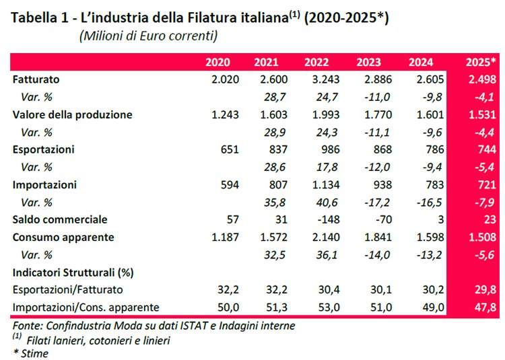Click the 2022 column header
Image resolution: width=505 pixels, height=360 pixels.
[316, 63]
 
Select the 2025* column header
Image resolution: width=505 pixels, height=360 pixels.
[481, 63]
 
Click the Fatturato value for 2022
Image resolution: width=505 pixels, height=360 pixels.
[316, 80]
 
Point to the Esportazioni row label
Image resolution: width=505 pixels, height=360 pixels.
[43, 149]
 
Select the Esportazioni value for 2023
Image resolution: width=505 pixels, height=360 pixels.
[380, 149]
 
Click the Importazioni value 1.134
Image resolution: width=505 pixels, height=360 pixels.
[316, 184]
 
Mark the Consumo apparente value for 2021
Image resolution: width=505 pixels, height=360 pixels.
[265, 237]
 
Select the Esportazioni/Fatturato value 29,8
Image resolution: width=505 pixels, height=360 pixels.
[486, 289]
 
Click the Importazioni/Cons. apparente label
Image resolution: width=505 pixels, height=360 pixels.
[86, 307]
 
